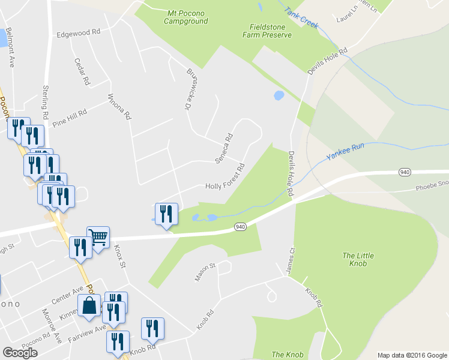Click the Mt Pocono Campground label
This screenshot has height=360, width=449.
pyautogui.click(x=186, y=17)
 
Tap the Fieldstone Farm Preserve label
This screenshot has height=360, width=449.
pyautogui.click(x=270, y=31)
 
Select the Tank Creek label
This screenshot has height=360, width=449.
pyautogui.click(x=302, y=18)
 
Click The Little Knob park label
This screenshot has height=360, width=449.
pyautogui.click(x=358, y=260)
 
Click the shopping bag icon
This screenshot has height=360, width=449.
pyautogui.click(x=89, y=305)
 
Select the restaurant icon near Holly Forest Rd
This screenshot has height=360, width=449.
pyautogui.click(x=166, y=214)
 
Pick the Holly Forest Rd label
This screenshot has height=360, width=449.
pyautogui.click(x=226, y=177)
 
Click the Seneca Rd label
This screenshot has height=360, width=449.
pyautogui.click(x=224, y=148)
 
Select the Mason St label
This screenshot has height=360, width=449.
pyautogui.click(x=205, y=272)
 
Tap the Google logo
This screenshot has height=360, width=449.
pyautogui.click(x=20, y=353)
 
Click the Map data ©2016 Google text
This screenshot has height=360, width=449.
pyautogui.click(x=412, y=355)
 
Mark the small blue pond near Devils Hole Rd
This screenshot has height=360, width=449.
pyautogui.click(x=279, y=95)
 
